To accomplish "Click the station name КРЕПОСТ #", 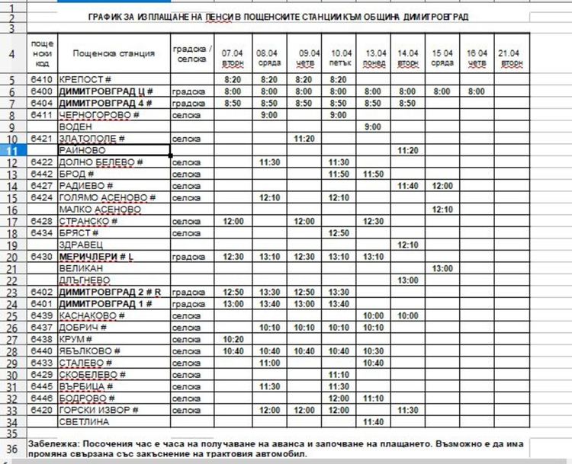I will (x=85, y=79).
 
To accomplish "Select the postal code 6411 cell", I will (x=42, y=114).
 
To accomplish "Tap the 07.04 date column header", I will (x=233, y=53).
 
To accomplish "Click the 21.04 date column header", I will (x=509, y=53).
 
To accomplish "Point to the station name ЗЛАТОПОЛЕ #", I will (x=92, y=139).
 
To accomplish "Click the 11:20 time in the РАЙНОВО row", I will (x=409, y=150).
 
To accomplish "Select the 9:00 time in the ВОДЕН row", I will (x=374, y=126).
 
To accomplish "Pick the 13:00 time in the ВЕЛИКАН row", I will (x=442, y=268).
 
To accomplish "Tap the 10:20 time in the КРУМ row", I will (x=233, y=338).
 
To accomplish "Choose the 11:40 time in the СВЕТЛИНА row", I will (x=374, y=421).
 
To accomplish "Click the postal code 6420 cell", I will (x=42, y=409).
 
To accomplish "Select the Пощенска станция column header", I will (x=114, y=53).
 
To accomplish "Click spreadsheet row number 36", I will (x=13, y=448).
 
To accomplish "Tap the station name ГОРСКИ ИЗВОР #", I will (x=99, y=409).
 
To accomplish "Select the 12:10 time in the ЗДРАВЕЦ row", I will (x=409, y=245).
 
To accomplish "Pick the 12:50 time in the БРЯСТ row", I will (x=339, y=232).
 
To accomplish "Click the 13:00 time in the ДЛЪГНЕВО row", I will (x=409, y=280).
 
